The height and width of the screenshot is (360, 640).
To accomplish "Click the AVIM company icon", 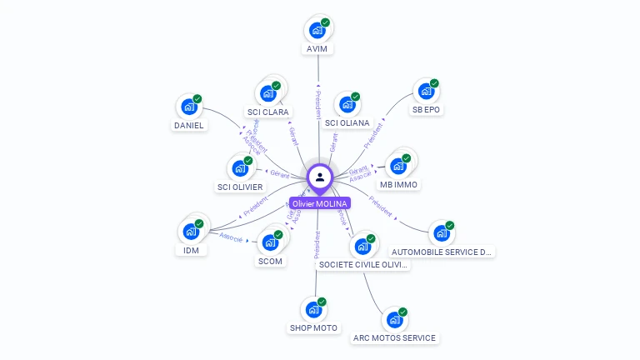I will coord(317,30).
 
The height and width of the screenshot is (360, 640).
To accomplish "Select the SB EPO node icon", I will coord(426,91).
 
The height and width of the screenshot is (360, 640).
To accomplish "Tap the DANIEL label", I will coord(188,126).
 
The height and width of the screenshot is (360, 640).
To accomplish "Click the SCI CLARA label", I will coord(268,112).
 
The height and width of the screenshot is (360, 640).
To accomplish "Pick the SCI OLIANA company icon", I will coord(347,105).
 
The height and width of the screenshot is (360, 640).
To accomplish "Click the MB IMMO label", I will coord(398,184).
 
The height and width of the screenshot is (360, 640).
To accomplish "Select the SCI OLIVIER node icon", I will coord(240,168).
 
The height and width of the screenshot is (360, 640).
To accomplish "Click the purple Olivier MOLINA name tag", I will coord(320,203).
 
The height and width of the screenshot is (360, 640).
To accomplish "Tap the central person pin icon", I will coord(320,177).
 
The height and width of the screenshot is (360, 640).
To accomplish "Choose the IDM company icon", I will coord(191,231).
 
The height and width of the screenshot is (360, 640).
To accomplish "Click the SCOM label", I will coord(271,261).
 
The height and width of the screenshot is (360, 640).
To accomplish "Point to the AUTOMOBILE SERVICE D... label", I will coord(442,252).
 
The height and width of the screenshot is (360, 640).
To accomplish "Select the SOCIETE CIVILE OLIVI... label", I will coord(364,264).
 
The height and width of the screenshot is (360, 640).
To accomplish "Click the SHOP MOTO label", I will coord(313,327).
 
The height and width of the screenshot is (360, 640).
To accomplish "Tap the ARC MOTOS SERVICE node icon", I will coord(394,319).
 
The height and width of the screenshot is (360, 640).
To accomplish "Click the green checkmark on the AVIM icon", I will coord(326,22).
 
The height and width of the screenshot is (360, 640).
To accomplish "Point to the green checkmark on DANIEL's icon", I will coord(198,98).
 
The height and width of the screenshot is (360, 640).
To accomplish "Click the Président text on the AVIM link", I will coord(317,104).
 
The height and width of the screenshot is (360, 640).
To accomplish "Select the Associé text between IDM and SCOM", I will coord(231,237).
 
